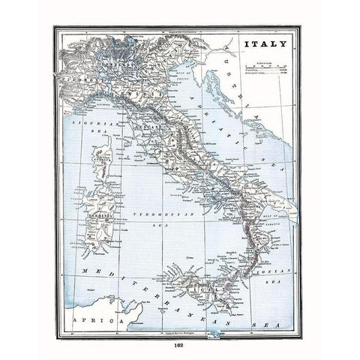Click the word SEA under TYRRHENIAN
tap(160, 223)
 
